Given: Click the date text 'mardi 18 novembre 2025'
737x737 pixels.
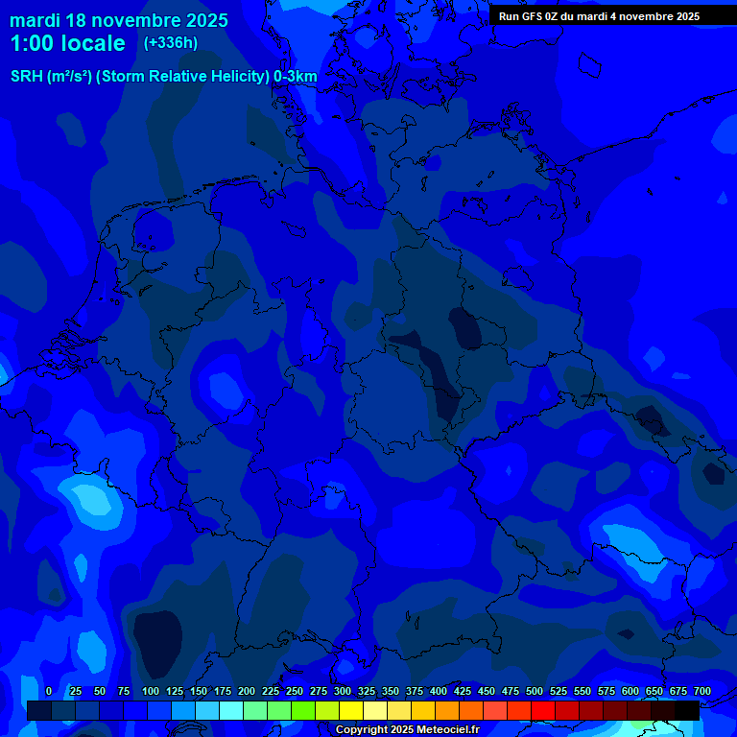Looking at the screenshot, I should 119,20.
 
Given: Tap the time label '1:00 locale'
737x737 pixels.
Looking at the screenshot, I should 67,43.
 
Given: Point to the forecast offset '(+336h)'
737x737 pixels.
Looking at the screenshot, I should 171,43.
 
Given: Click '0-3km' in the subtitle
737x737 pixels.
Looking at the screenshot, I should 295,77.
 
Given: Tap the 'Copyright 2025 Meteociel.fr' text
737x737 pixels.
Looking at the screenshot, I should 407,730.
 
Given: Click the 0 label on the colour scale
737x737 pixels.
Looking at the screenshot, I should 49,691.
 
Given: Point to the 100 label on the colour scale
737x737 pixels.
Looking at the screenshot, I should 151,691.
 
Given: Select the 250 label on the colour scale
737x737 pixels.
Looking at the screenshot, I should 295,691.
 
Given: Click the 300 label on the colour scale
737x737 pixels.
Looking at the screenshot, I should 343,691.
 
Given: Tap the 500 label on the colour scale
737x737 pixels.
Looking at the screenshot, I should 535,691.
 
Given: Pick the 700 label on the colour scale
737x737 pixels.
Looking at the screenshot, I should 702,691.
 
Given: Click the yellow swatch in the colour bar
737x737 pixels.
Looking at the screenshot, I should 351,710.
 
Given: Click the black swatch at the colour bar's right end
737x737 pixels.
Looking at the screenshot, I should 687,710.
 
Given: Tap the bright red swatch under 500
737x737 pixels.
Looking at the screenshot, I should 543,710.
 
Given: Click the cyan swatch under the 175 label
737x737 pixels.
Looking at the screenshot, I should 231,710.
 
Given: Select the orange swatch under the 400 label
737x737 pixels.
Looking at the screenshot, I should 447,710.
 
